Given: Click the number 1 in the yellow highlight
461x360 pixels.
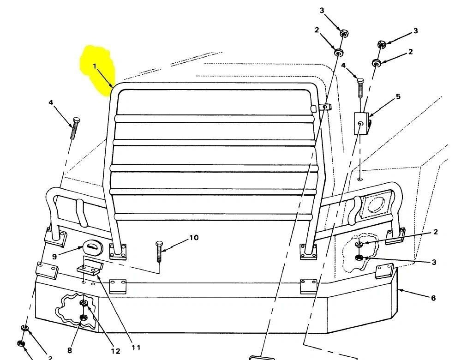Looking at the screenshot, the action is (x=95, y=66).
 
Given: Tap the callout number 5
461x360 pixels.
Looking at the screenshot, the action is (x=398, y=96).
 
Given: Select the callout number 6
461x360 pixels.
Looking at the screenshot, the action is (x=433, y=298).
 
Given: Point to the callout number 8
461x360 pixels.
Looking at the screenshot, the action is (x=70, y=350).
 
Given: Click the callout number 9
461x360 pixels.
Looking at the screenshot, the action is (x=54, y=257).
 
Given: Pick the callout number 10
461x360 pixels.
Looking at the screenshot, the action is (x=194, y=237).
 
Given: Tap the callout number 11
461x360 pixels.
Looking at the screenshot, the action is (x=136, y=348).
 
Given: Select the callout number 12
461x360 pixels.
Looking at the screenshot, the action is (x=115, y=351).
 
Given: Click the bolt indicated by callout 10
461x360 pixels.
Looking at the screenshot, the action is (x=159, y=252).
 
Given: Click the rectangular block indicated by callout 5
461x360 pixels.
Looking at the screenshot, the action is (x=362, y=124).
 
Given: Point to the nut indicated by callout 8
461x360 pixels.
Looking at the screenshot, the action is (x=83, y=317).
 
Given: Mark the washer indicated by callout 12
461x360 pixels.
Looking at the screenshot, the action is (x=84, y=303).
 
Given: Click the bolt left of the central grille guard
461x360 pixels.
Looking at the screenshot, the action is (x=75, y=128).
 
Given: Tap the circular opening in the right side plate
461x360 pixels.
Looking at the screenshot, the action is (x=376, y=204).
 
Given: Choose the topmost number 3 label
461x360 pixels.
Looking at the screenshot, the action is (x=322, y=11).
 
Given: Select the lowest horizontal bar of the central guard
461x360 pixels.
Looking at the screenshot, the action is (x=213, y=217).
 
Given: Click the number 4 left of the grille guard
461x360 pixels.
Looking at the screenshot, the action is (x=51, y=102).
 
